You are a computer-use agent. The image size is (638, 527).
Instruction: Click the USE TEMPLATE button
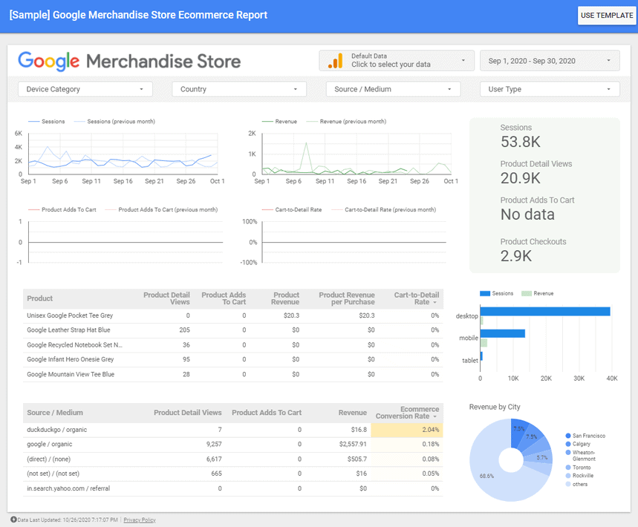tap(606, 16)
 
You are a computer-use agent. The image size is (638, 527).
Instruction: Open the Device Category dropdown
tap(85, 89)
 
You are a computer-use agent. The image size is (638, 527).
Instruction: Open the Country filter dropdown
tap(238, 89)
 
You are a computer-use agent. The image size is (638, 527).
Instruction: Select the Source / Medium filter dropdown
tap(392, 89)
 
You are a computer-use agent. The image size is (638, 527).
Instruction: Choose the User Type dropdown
tap(550, 89)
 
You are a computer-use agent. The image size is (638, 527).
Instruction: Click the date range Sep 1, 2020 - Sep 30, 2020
tap(550, 61)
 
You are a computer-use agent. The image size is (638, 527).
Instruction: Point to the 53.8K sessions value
tap(520, 142)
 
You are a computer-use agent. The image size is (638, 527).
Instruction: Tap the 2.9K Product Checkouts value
tap(516, 256)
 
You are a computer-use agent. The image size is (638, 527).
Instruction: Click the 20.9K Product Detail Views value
tap(521, 178)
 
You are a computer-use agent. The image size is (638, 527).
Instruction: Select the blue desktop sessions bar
tap(546, 312)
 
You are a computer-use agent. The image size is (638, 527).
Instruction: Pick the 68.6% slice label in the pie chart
tap(487, 476)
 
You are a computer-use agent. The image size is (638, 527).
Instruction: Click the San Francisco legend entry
tap(588, 436)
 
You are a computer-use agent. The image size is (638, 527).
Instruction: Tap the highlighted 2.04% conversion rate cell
tap(407, 430)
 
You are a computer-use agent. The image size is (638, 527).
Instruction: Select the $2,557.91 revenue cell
tap(348, 445)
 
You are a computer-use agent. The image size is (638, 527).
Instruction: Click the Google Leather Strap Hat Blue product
tap(68, 330)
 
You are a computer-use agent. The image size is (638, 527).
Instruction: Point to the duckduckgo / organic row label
tap(56, 430)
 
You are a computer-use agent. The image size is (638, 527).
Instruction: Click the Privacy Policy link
tap(140, 520)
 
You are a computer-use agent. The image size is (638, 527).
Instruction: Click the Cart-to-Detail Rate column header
tap(414, 298)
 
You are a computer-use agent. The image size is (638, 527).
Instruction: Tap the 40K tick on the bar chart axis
tap(612, 379)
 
